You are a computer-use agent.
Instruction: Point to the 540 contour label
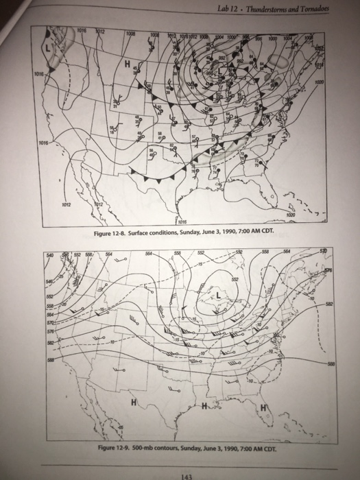47,254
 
